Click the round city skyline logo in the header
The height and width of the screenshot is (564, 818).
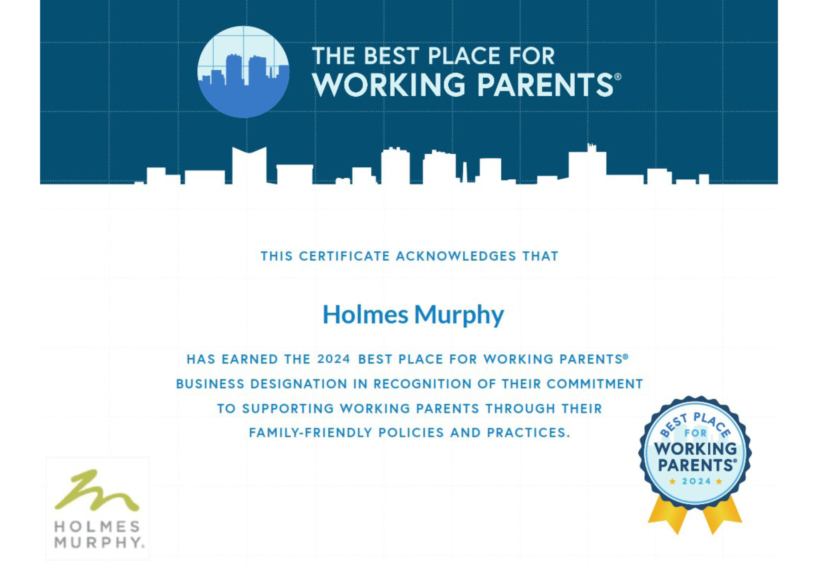[243, 72]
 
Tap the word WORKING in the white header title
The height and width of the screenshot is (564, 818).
[389, 85]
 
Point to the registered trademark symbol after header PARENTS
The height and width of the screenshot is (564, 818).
[617, 76]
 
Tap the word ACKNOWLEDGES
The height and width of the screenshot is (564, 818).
[456, 256]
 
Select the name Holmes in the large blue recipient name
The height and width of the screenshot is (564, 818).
[365, 314]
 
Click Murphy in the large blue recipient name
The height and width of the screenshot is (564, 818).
[459, 315]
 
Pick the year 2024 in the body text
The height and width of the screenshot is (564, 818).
[334, 359]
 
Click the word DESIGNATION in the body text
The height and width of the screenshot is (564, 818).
[299, 384]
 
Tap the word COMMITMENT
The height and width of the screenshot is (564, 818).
[595, 384]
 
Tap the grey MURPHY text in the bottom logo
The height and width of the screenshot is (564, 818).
[98, 542]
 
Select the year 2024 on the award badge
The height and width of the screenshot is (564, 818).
[696, 481]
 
